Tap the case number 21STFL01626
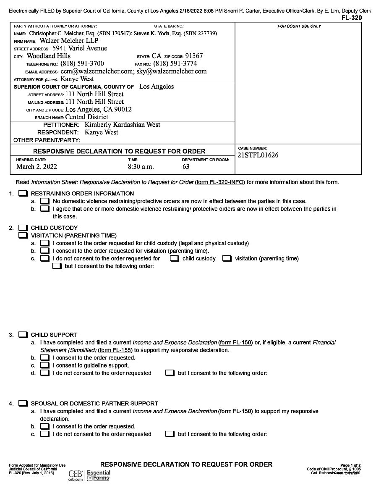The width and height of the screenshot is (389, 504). pyautogui.click(x=258, y=155)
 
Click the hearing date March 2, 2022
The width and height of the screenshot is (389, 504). pyautogui.click(x=37, y=167)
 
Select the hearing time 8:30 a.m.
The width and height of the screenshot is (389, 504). pyautogui.click(x=141, y=167)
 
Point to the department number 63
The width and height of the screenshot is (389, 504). pyautogui.click(x=186, y=167)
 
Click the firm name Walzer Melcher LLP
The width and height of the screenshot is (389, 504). pyautogui.click(x=69, y=41)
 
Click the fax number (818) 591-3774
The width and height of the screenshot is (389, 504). pyautogui.click(x=175, y=64)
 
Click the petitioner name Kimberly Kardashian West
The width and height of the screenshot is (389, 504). pyautogui.click(x=122, y=125)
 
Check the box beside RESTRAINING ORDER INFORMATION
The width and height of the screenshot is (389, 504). pyautogui.click(x=23, y=194)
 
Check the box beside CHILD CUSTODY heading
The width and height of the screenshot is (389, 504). pyautogui.click(x=23, y=228)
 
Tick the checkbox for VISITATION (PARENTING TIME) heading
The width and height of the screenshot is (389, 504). pyautogui.click(x=23, y=236)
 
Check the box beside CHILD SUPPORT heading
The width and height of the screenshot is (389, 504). pyautogui.click(x=23, y=335)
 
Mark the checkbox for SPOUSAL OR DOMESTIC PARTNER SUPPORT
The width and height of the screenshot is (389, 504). pyautogui.click(x=23, y=404)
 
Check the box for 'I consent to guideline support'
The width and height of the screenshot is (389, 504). pyautogui.click(x=44, y=365)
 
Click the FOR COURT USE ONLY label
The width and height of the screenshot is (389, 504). pyautogui.click(x=299, y=26)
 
